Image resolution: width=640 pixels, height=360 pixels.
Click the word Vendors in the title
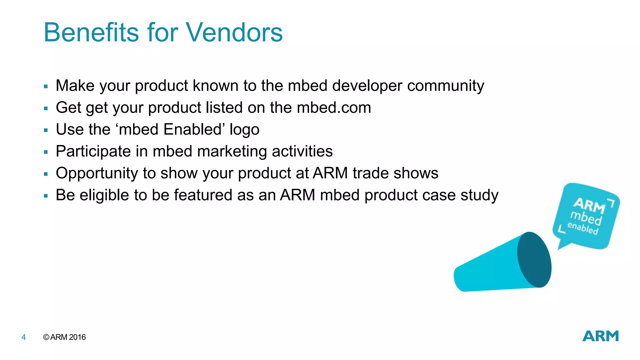[234, 32]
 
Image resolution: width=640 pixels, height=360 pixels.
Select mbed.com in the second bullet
[334, 107]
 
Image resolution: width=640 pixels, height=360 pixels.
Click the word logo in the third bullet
[244, 130]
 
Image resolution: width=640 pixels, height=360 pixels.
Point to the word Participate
[93, 152]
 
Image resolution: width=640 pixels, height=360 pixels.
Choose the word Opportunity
[97, 173]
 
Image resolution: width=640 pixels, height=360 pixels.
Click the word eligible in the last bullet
[104, 195]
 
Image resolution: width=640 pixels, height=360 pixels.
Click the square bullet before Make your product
[46, 87]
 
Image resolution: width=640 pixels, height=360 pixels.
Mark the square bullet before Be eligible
[46, 196]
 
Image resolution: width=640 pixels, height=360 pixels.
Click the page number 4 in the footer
[23, 337]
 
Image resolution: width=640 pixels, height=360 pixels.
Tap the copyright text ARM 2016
[65, 337]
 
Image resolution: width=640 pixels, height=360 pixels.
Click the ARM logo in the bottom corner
[600, 336]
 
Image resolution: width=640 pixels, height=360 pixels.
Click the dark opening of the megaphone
[534, 260]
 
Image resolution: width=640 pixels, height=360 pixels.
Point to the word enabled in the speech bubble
[582, 228]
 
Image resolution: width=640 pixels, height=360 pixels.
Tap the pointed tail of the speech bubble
[562, 246]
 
